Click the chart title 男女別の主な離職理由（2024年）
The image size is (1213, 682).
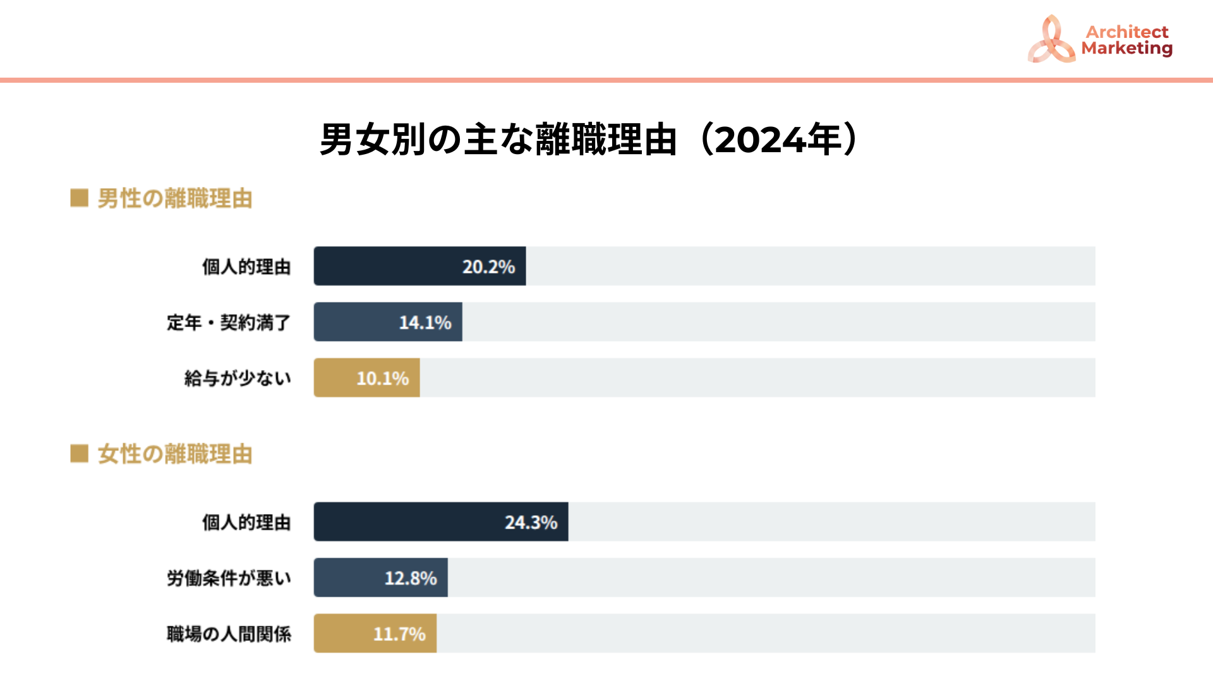[589, 140]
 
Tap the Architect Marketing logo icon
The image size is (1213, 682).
[1051, 40]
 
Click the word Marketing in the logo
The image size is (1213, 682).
[1126, 49]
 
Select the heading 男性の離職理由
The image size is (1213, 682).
[174, 199]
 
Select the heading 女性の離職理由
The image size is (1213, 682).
[174, 454]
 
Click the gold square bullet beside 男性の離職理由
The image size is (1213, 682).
[79, 198]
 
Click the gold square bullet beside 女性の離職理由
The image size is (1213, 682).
[79, 453]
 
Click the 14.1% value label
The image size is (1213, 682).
[425, 323]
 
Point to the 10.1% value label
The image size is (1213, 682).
[383, 379]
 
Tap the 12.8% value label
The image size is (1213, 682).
[411, 578]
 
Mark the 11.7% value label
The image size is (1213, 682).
[399, 634]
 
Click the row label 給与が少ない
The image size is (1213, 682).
[238, 379]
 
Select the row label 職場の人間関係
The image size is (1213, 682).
[229, 634]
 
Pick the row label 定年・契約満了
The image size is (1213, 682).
[229, 323]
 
